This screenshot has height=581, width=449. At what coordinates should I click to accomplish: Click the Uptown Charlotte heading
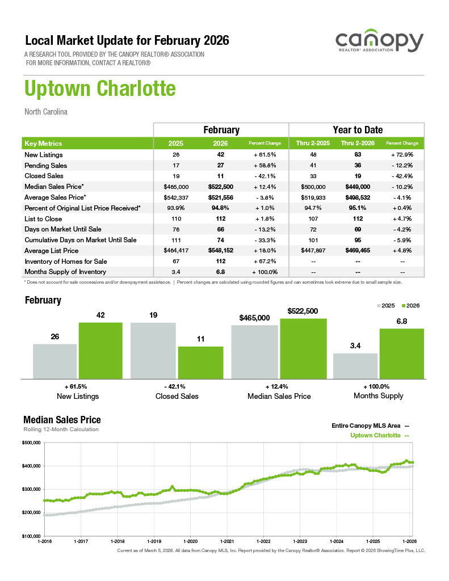[x=100, y=89]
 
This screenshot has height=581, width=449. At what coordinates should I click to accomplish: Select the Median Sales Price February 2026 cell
[x=221, y=187]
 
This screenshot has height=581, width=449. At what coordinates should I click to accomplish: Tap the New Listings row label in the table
[x=44, y=155]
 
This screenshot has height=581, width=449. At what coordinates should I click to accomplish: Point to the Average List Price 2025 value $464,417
[x=175, y=251]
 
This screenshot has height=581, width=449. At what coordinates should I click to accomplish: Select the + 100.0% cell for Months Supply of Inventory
[x=265, y=272]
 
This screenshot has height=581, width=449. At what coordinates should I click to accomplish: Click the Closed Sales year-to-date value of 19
[x=358, y=176]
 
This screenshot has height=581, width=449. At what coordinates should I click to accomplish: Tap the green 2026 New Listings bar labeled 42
[x=100, y=350]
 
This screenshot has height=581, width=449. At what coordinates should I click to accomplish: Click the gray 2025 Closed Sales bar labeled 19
[x=154, y=350]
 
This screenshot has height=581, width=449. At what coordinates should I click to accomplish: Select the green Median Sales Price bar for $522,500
[x=303, y=348]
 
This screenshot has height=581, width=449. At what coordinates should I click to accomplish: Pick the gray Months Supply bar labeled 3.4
[x=355, y=365]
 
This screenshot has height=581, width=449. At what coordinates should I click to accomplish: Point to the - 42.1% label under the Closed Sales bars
[x=177, y=386]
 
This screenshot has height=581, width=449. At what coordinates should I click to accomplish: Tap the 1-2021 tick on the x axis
[x=227, y=541]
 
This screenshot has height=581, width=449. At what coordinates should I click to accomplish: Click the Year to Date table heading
[x=357, y=130]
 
